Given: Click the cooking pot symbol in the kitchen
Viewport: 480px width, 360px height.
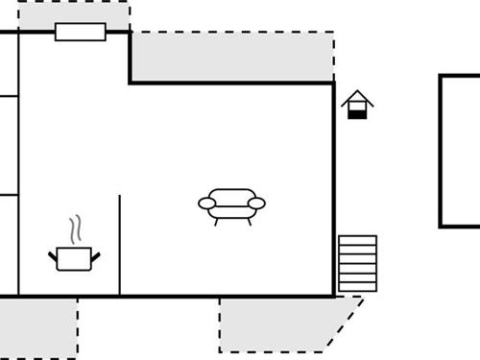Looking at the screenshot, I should (x=74, y=258).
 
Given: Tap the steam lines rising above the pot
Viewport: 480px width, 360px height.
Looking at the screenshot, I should (x=75, y=231).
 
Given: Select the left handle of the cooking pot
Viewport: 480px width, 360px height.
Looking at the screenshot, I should (x=53, y=254).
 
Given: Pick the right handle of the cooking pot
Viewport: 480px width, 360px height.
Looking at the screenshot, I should (x=95, y=254).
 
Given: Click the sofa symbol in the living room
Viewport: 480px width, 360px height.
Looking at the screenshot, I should (x=231, y=204).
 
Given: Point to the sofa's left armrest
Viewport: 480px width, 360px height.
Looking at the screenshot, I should (x=206, y=203).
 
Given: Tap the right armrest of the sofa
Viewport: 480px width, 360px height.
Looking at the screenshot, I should (x=256, y=203).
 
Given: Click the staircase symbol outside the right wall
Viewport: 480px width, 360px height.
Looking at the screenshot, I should (x=357, y=264).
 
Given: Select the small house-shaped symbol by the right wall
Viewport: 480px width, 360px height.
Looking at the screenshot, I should (x=357, y=105).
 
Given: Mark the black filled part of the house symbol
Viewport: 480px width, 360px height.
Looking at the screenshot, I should (x=357, y=114).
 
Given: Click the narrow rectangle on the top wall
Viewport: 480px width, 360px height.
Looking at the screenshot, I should (x=80, y=32).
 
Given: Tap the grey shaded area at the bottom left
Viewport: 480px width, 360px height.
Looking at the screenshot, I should (x=38, y=326).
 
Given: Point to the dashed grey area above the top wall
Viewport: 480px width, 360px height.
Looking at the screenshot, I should (x=72, y=13).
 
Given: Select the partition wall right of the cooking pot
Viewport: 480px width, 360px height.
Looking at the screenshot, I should (x=120, y=245).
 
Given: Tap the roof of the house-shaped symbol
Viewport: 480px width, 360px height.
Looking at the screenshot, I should (x=357, y=97).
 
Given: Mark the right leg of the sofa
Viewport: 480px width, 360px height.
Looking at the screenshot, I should (x=249, y=220).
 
